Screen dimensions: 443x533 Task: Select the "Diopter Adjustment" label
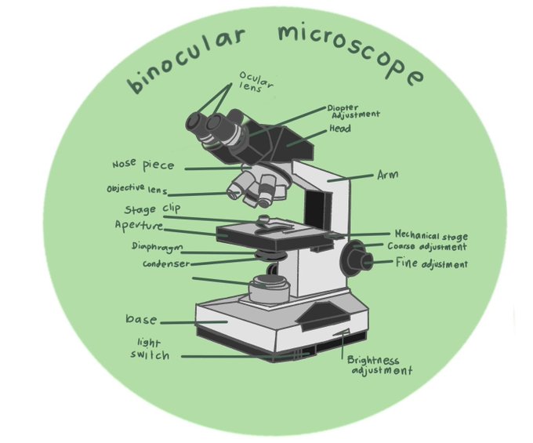(353, 111)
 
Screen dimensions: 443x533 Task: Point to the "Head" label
(339, 129)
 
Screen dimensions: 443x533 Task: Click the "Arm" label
(387, 175)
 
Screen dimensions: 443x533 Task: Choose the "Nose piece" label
(143, 165)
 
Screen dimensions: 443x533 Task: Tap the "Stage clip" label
(152, 210)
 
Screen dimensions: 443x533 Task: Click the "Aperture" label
(139, 226)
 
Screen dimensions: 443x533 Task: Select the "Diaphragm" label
(157, 248)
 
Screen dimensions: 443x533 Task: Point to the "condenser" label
(166, 264)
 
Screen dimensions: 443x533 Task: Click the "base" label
(141, 320)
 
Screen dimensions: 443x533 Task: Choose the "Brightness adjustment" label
(379, 365)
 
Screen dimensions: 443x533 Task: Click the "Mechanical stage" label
(430, 235)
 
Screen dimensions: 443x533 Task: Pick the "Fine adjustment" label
(431, 264)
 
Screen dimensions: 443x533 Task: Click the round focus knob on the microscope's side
(356, 256)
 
